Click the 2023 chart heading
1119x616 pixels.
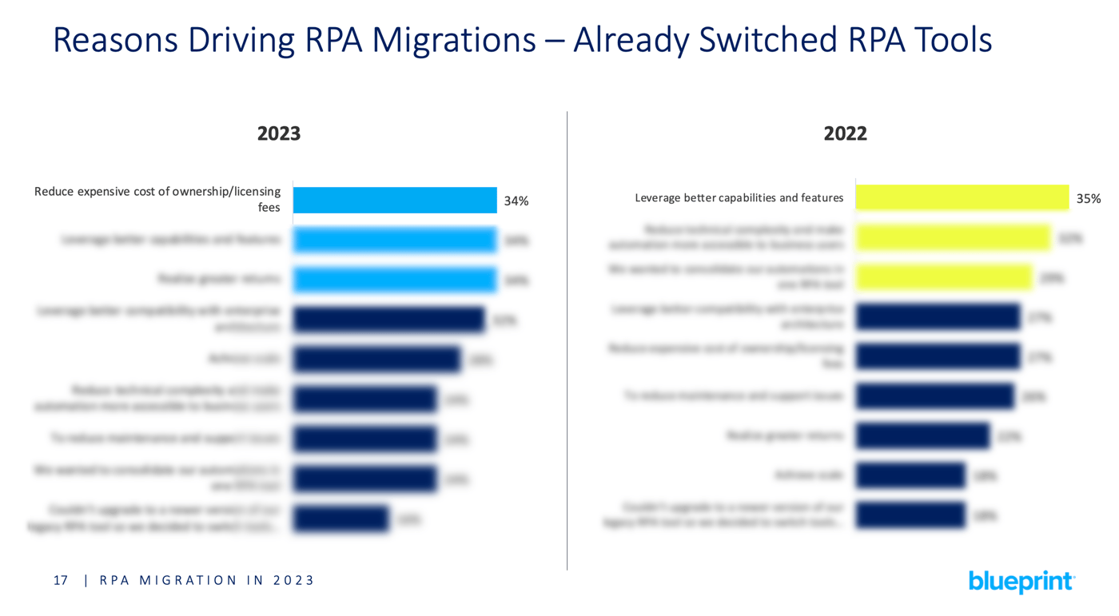(x=279, y=133)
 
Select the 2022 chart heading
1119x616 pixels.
(x=845, y=133)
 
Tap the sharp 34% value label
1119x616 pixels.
(x=516, y=201)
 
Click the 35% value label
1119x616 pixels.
(x=1088, y=199)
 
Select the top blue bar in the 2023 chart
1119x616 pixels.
(x=395, y=201)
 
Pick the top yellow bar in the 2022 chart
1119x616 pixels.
(x=962, y=197)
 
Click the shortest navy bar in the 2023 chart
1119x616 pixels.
(x=340, y=519)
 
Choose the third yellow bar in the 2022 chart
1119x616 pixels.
(x=943, y=277)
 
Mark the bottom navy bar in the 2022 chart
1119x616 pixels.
(x=910, y=515)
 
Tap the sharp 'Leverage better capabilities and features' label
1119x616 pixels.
(x=739, y=198)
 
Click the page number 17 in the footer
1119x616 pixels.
(x=61, y=581)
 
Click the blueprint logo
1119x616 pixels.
(x=1021, y=582)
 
